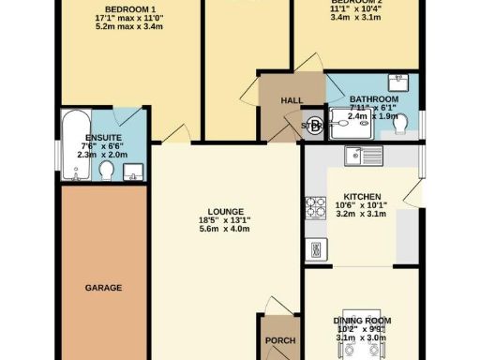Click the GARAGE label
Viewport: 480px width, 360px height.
103,287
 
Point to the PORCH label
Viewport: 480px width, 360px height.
281,340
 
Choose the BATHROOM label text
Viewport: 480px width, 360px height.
374,99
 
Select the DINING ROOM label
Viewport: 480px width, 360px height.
362,322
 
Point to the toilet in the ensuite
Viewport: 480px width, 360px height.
107,170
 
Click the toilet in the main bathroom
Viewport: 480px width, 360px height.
401,122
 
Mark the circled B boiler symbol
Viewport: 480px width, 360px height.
314,126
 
